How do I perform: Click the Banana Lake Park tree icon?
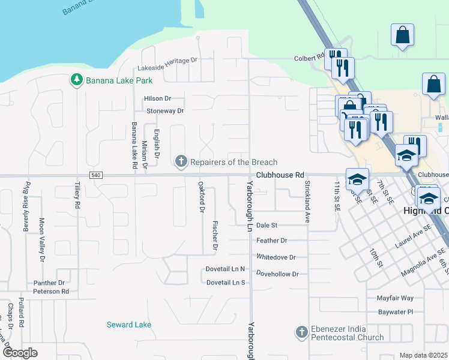(x=76, y=80)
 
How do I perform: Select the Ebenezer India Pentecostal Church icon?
(x=302, y=331)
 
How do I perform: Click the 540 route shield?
(x=96, y=175)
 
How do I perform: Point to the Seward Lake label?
(x=129, y=325)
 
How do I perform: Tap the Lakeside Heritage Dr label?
(x=167, y=61)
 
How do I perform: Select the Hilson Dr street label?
(x=157, y=98)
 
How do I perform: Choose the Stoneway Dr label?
(x=165, y=111)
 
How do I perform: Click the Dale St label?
(x=267, y=225)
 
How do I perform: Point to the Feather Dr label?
(x=272, y=241)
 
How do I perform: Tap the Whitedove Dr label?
(x=276, y=257)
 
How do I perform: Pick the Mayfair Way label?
(x=395, y=298)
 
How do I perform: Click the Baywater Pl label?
(x=396, y=312)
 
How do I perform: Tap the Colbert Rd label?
(x=309, y=58)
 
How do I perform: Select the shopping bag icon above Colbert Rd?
(x=402, y=35)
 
